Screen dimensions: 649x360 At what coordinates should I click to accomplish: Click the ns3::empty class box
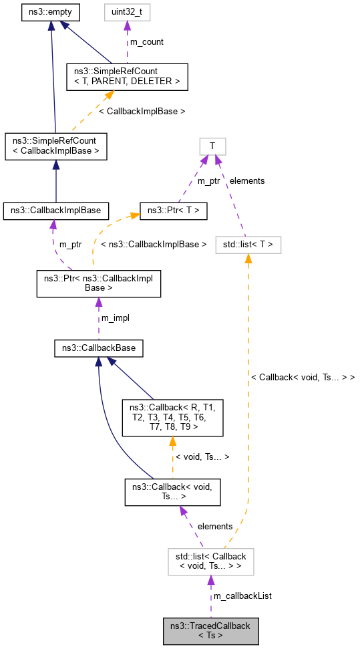(x=51, y=12)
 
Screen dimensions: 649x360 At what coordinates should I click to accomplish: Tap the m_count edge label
(x=146, y=42)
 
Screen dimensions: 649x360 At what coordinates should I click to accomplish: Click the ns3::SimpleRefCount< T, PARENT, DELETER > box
(x=127, y=77)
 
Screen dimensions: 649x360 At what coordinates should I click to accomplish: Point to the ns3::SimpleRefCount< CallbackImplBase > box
(x=55, y=146)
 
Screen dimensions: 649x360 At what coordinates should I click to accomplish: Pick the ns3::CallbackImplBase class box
(x=55, y=211)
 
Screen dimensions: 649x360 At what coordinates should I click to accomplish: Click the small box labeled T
(x=212, y=146)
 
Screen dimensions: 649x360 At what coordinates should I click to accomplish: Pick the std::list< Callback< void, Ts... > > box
(x=212, y=561)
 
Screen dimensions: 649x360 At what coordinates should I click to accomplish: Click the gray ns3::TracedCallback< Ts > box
(x=210, y=630)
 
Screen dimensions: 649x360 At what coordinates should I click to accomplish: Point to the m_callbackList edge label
(x=242, y=596)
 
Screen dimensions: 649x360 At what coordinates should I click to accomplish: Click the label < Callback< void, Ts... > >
(x=303, y=378)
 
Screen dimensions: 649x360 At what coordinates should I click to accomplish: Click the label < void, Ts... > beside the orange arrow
(x=202, y=457)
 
